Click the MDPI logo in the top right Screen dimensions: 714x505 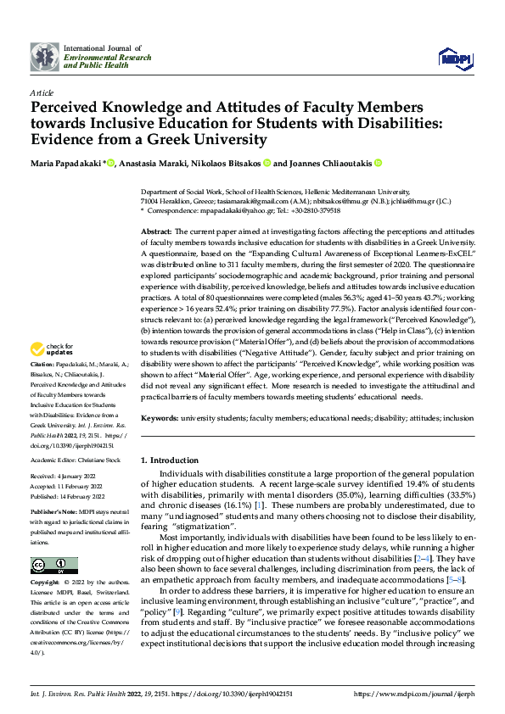[454, 58]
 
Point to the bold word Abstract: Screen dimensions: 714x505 [157, 231]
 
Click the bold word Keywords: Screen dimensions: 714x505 [160, 418]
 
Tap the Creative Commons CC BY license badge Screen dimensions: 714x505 [53, 566]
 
